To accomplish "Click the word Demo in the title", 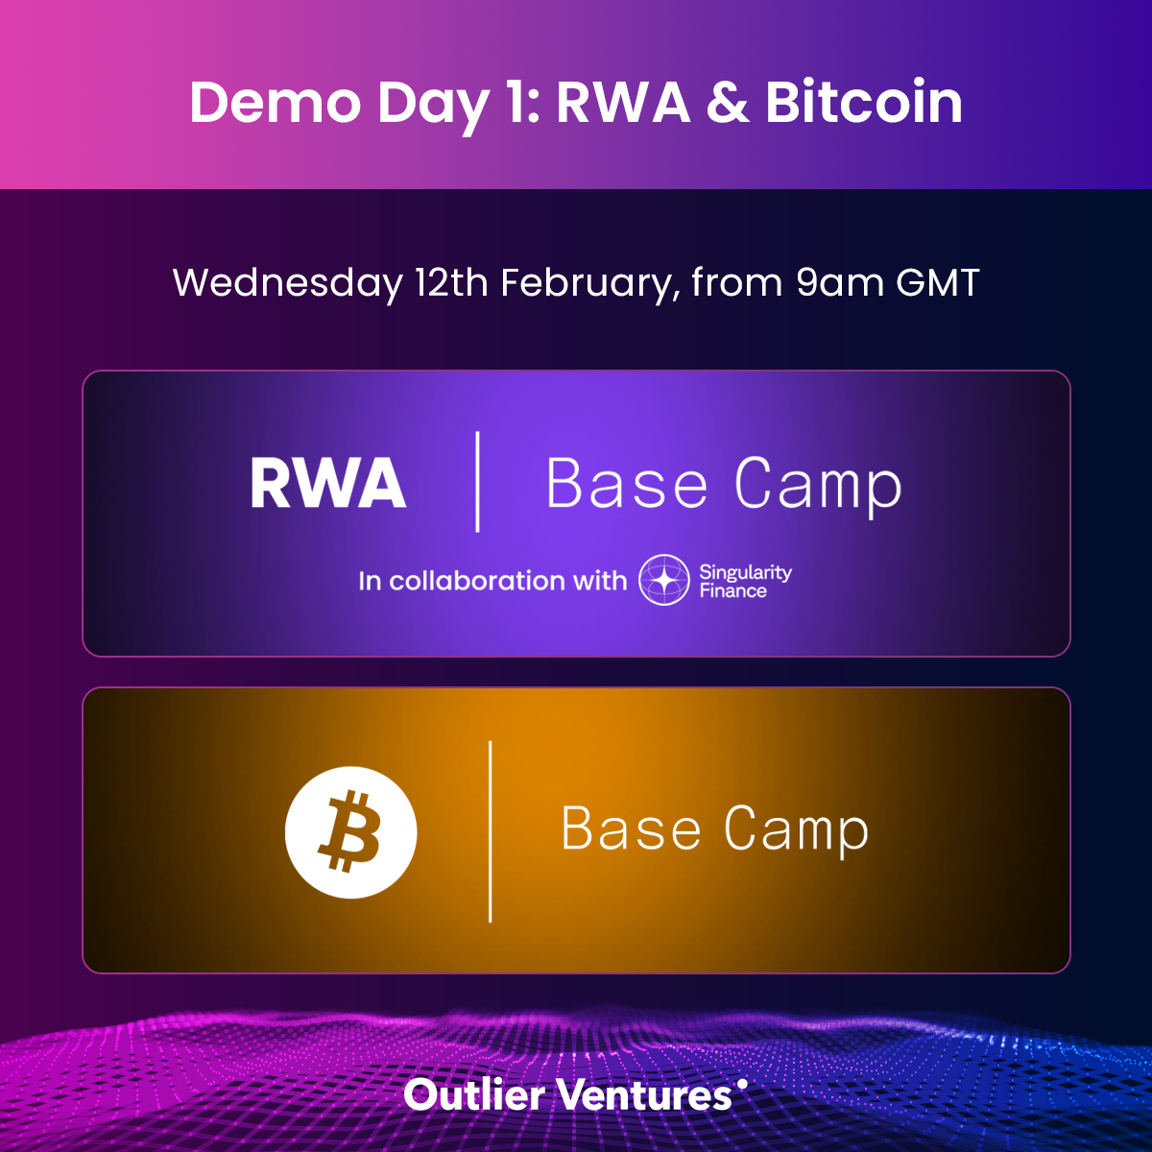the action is pos(275,102).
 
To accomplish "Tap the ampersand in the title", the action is pos(727,102).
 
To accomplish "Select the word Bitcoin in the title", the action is pos(864,102).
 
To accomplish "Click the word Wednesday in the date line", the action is pos(287,283).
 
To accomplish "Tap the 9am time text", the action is pos(840,282).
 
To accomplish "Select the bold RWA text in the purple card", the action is pos(328,483).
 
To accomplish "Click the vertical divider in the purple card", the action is pos(477,482).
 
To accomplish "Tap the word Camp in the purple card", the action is pos(818,485).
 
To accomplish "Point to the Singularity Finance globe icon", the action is pos(663,580).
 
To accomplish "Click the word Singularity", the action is pos(746,573).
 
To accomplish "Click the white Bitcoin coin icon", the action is pos(351,832).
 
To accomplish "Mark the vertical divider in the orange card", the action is pos(491,831).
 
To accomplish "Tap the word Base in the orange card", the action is pos(631,828).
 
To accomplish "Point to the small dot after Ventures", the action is pos(742,1083).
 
